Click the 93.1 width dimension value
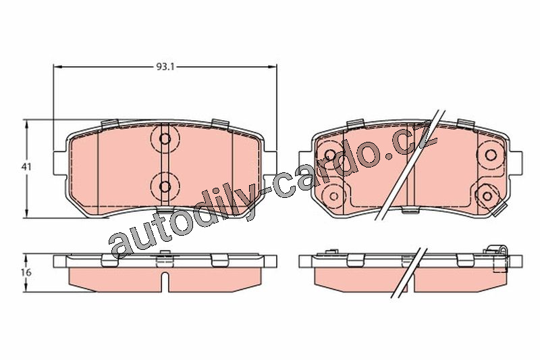[165, 66]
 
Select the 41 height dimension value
[27, 167]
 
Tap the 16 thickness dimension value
[27, 272]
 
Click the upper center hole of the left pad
[165, 139]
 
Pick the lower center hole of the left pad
[165, 186]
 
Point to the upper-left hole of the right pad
[330, 155]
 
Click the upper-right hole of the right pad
[491, 155]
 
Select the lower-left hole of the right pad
[333, 196]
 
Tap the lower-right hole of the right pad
[487, 196]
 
